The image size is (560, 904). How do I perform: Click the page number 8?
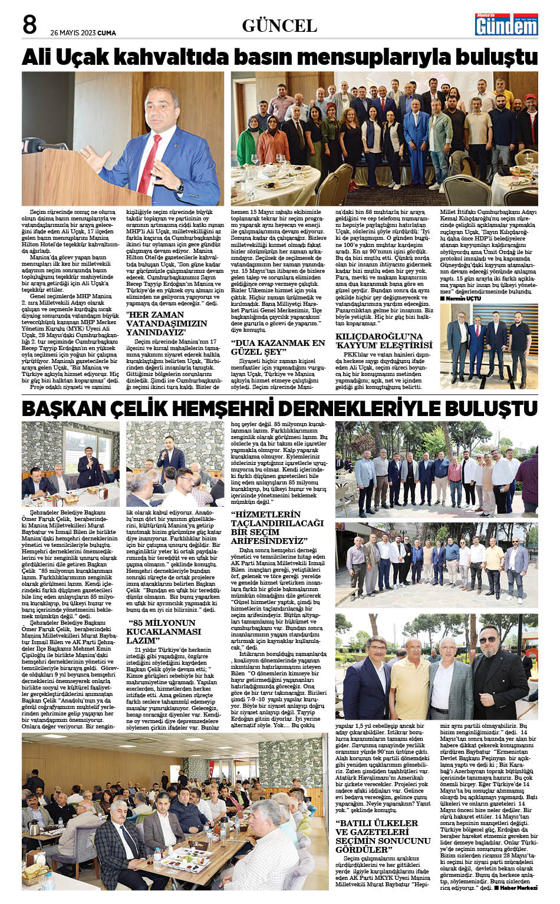pyautogui.click(x=29, y=25)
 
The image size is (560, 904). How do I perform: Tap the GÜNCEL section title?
pyautogui.click(x=279, y=26)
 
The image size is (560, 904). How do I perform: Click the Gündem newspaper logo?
pyautogui.click(x=506, y=25)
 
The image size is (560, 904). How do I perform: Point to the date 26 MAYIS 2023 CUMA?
pyautogui.click(x=83, y=33)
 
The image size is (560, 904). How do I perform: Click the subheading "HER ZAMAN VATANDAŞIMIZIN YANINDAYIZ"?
pyautogui.click(x=167, y=324)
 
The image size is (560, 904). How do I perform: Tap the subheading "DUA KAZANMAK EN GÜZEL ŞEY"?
pyautogui.click(x=277, y=347)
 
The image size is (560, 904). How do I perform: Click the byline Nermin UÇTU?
pyautogui.click(x=463, y=299)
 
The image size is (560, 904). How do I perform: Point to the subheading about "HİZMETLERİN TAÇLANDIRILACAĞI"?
pyautogui.click(x=277, y=527)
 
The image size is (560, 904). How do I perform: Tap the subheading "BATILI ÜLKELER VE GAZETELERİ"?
pyautogui.click(x=383, y=836)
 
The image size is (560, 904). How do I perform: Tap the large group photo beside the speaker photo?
pyautogui.click(x=384, y=138)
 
